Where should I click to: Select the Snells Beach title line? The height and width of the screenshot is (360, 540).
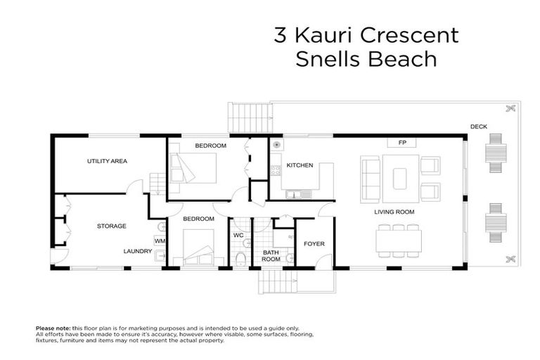click(x=365, y=60)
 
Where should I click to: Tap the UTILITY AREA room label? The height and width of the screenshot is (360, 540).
click(x=107, y=162)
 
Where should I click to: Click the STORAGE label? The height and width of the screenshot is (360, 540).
click(x=111, y=226)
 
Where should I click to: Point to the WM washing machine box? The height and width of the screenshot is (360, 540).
click(x=160, y=241)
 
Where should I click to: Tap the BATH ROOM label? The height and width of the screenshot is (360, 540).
click(x=271, y=255)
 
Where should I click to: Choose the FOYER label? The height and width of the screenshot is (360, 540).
click(x=313, y=244)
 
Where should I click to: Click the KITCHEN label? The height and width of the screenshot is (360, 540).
click(x=300, y=166)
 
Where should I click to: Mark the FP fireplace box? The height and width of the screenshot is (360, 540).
click(x=403, y=143)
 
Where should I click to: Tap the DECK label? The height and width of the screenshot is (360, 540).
click(x=479, y=127)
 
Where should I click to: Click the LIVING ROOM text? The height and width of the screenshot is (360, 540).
click(x=394, y=212)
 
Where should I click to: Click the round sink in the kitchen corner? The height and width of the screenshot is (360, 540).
click(x=277, y=145)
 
